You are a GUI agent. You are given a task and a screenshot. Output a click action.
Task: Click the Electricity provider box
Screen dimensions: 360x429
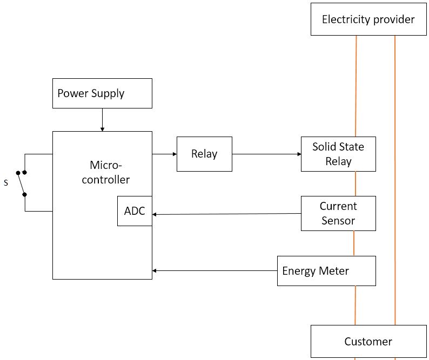(x=368, y=19)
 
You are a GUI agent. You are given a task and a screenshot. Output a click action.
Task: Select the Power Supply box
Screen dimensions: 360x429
(x=102, y=93)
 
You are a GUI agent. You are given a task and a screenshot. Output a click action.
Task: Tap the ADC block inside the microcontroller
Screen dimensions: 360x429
(x=135, y=211)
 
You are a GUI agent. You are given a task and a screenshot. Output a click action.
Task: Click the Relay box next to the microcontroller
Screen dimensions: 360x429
(x=204, y=154)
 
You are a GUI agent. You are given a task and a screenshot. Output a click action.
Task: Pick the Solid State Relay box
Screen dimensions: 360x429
(x=338, y=154)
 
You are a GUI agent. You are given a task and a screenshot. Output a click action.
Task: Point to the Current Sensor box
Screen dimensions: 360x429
(x=338, y=213)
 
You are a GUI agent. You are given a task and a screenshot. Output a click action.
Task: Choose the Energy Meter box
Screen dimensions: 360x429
(x=326, y=270)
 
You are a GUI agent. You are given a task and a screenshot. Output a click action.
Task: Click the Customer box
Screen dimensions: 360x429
(x=368, y=342)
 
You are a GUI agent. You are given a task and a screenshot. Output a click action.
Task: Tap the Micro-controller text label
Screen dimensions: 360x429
(x=106, y=172)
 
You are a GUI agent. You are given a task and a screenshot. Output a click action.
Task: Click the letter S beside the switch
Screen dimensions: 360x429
(x=6, y=183)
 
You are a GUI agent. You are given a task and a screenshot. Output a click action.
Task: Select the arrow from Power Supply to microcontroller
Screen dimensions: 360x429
(x=102, y=119)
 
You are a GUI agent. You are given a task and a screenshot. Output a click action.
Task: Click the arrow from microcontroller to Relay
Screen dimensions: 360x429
(x=164, y=154)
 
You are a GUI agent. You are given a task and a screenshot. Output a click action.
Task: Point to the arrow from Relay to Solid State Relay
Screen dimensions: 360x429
(x=266, y=154)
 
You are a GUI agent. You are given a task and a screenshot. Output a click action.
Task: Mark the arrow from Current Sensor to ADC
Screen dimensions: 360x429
(x=226, y=214)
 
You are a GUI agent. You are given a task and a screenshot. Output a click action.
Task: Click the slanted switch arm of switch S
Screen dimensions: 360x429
(x=21, y=184)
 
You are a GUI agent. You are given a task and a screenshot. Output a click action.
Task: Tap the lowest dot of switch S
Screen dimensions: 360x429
(x=25, y=194)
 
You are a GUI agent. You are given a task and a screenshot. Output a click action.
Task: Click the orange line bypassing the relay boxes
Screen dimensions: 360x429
(x=395, y=178)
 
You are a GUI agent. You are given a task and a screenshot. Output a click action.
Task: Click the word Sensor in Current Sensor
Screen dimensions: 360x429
(x=338, y=220)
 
